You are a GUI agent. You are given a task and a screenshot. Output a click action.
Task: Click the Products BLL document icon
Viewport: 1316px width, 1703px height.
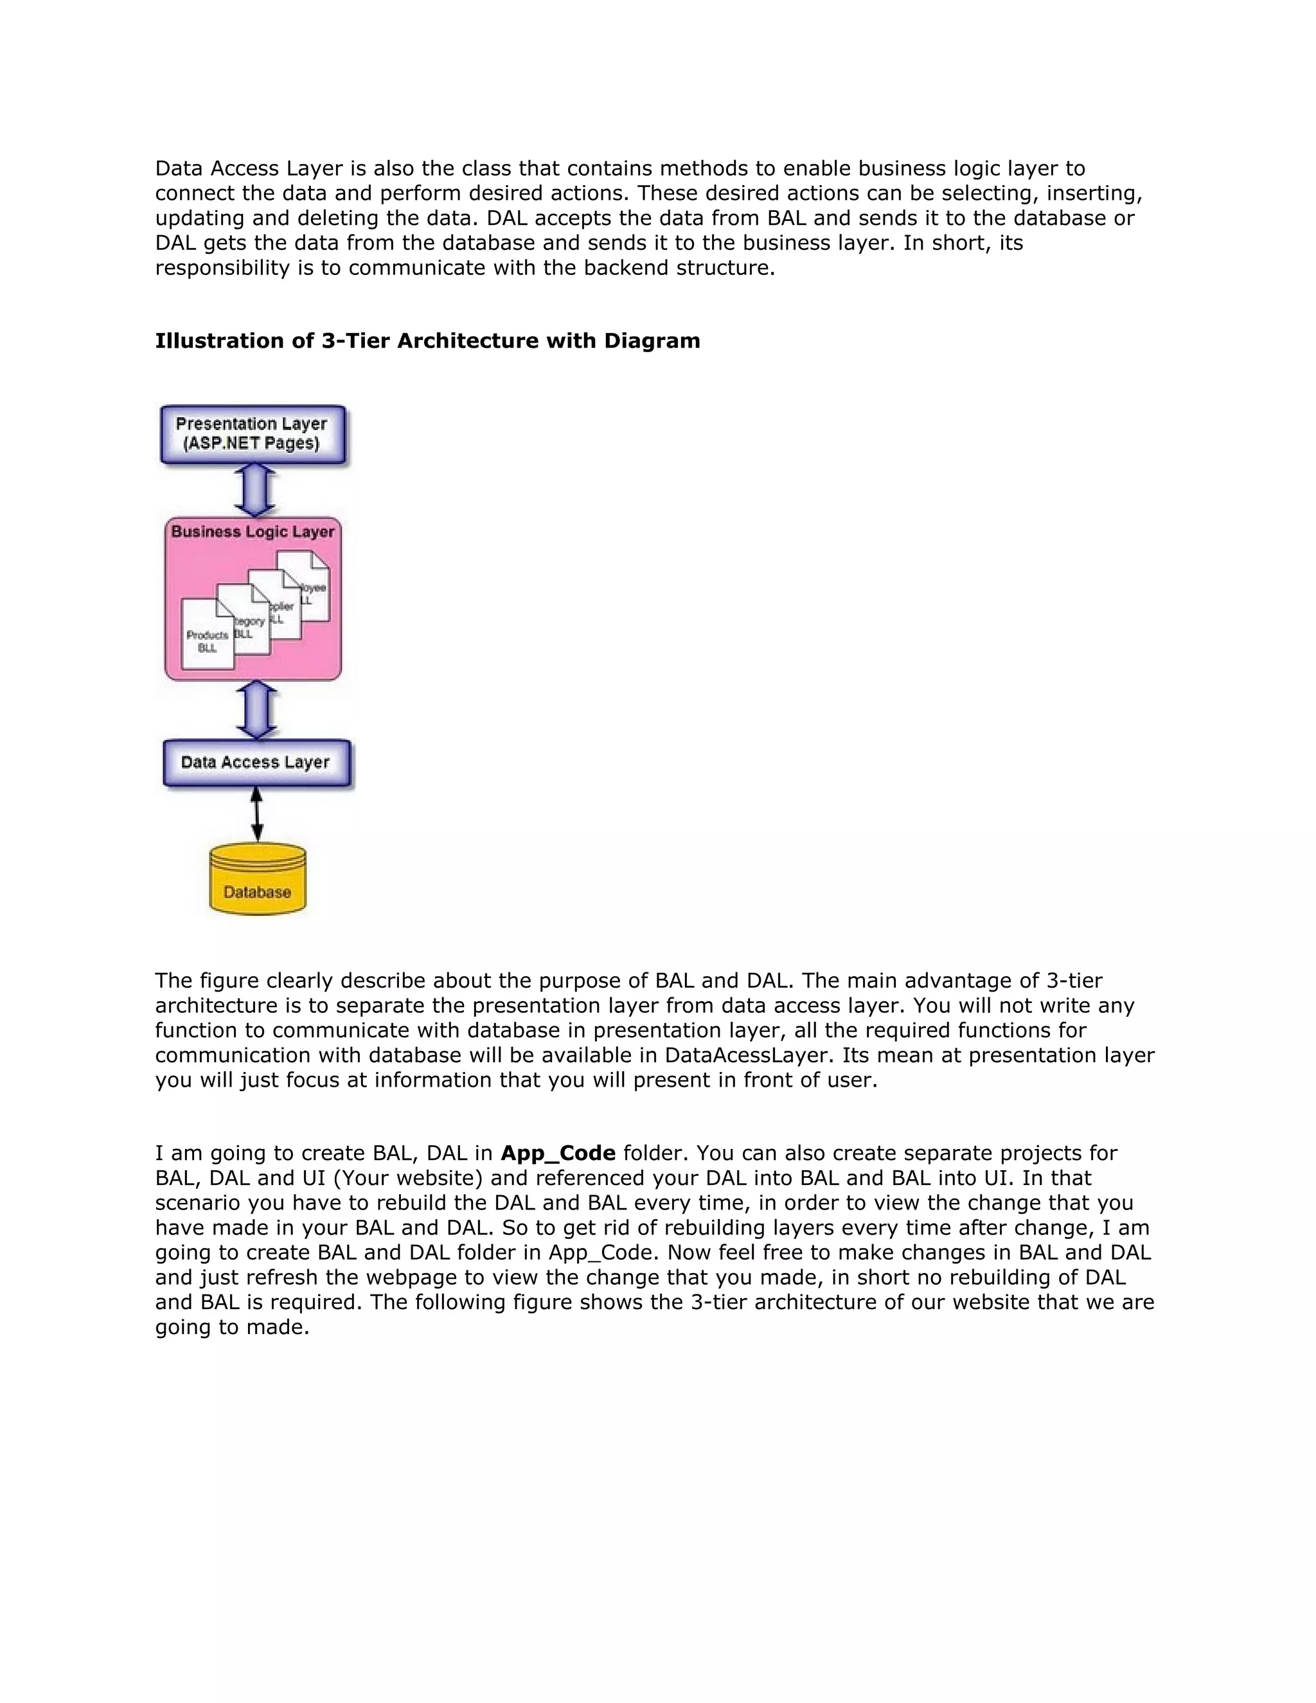[207, 636]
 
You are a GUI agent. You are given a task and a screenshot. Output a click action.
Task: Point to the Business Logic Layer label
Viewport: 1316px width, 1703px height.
[253, 532]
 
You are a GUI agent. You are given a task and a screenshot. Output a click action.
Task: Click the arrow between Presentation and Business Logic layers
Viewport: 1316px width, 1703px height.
[254, 490]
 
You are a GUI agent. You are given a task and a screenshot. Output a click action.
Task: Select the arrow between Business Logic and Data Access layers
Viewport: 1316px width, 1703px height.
[256, 709]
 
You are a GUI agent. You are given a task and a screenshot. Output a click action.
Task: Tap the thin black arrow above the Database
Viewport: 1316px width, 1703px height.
[256, 815]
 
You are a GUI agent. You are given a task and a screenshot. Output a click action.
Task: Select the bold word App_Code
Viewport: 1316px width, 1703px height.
[557, 1154]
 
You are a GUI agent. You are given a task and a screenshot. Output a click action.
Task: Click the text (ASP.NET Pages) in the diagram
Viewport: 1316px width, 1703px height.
[251, 443]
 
